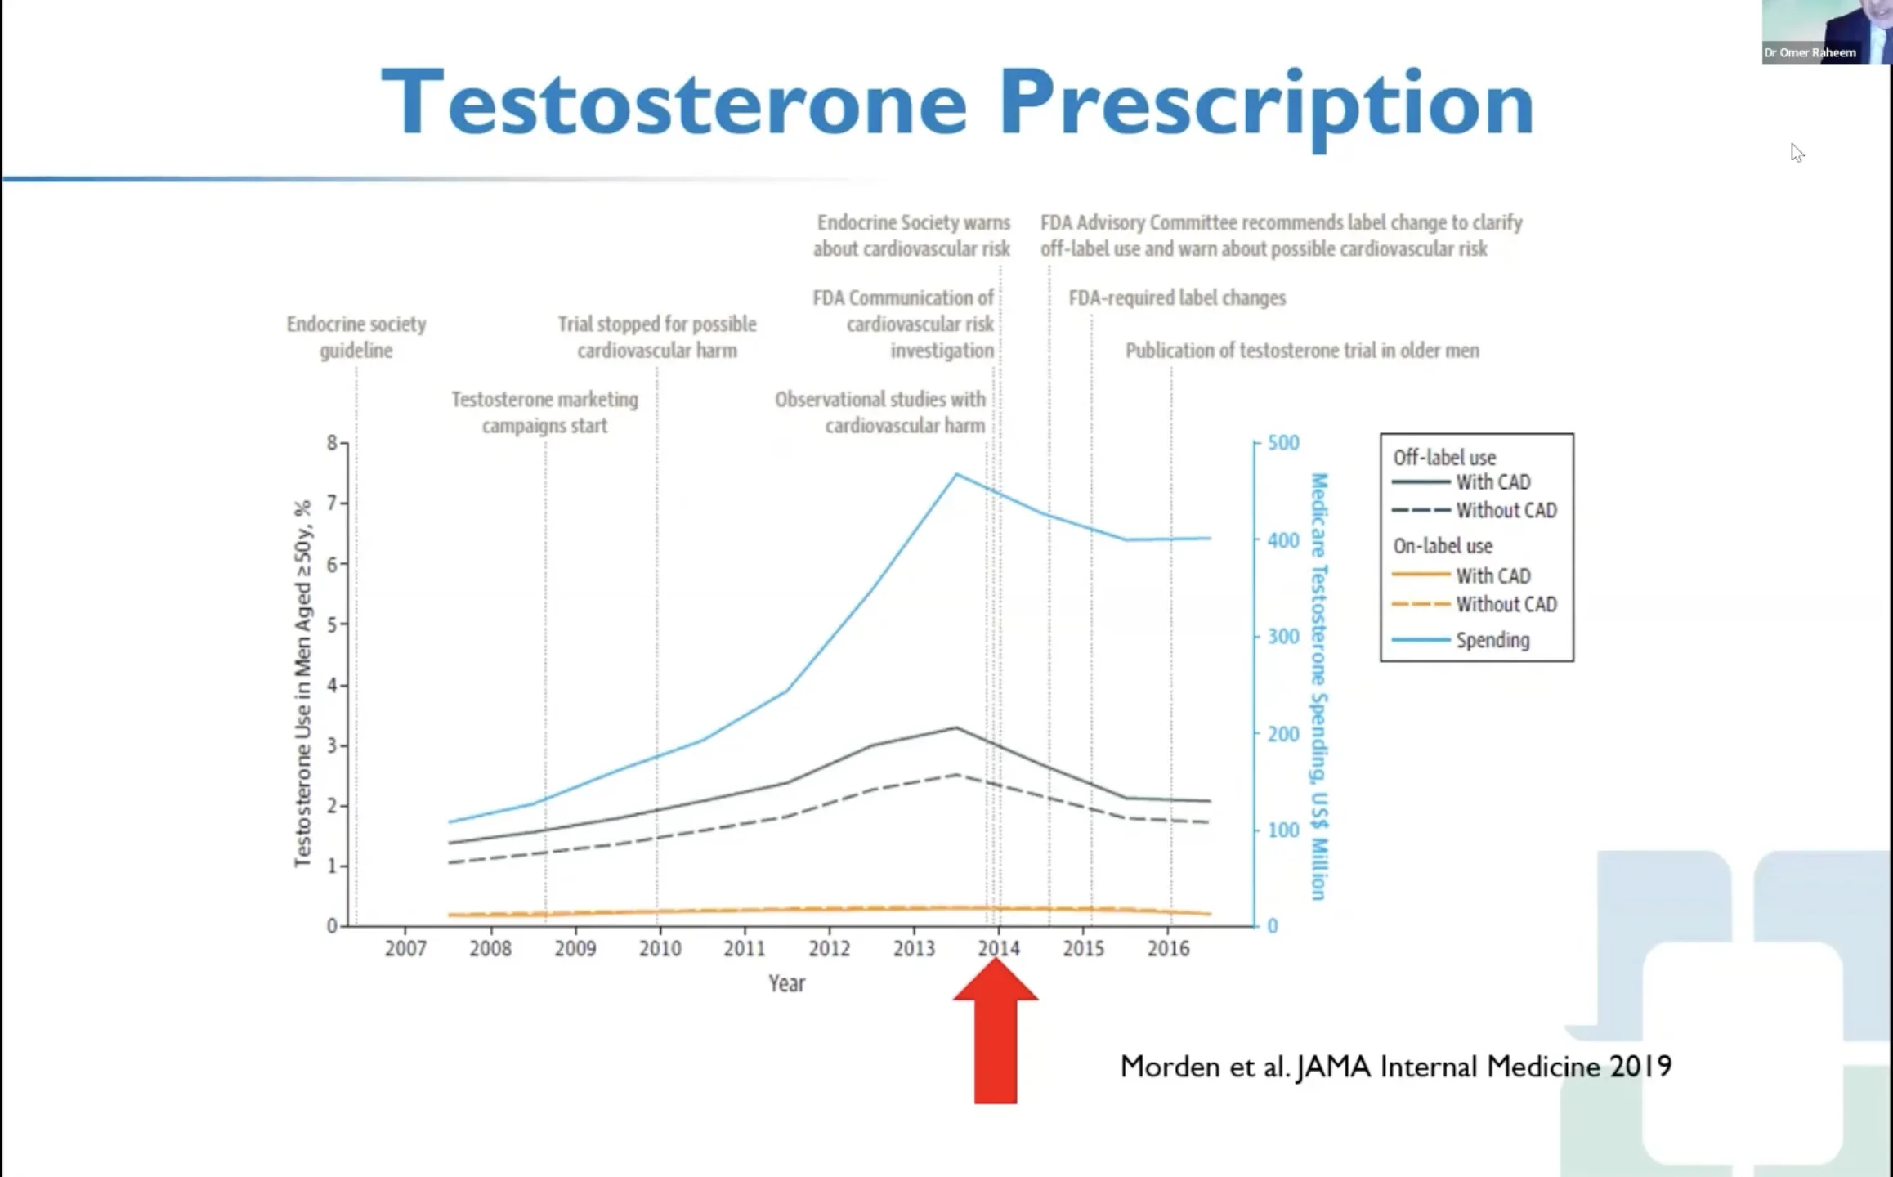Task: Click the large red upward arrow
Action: [996, 1034]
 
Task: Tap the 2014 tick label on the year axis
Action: [999, 948]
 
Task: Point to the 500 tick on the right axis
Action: [1282, 443]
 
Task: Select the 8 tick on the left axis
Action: [332, 443]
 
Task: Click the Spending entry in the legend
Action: [1492, 640]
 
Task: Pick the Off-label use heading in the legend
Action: [1444, 458]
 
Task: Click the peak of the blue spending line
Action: [956, 474]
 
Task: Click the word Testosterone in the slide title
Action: [674, 104]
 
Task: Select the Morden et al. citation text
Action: [1395, 1067]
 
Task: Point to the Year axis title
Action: [786, 983]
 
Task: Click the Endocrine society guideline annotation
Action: [356, 337]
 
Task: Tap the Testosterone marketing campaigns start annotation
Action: [544, 412]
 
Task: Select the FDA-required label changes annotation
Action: [1177, 298]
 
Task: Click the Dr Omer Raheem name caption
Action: [1810, 53]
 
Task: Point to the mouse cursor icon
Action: [1797, 153]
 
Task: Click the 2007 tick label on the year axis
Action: [405, 948]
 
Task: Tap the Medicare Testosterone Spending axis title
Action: [1319, 687]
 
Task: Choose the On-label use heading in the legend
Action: [1443, 546]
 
